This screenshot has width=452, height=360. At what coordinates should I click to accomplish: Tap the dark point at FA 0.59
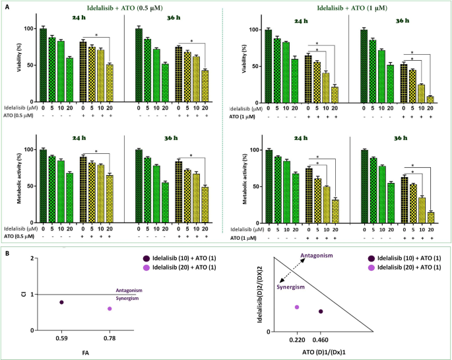point(61,302)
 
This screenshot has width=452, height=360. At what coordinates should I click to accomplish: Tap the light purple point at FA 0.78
point(110,308)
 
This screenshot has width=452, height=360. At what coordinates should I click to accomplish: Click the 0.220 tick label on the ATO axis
point(297,339)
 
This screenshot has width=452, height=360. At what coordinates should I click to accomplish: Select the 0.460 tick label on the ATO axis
point(321,339)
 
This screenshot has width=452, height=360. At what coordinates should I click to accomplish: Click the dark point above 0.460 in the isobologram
point(321,311)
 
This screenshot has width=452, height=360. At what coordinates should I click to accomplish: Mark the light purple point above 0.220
point(297,307)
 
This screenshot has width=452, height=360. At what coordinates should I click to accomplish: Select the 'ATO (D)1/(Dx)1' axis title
point(308,353)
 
